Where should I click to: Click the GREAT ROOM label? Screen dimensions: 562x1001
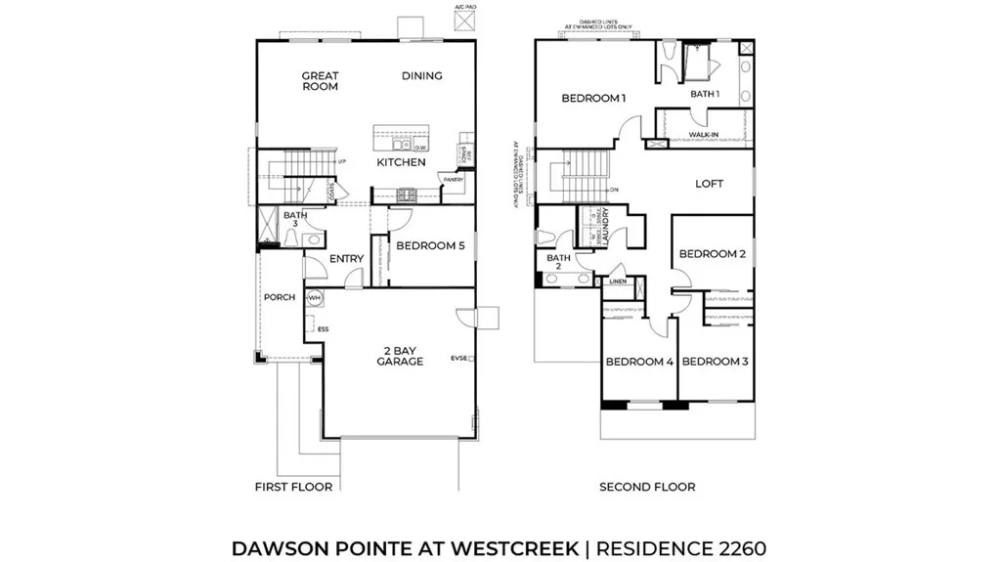(x=320, y=81)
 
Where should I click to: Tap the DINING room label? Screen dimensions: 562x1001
(x=421, y=76)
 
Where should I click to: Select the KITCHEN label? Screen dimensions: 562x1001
(x=402, y=162)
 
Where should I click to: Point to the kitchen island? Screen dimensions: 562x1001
(x=402, y=134)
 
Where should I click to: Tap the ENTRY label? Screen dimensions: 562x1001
(x=346, y=259)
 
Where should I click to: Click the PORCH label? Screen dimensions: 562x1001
(x=279, y=298)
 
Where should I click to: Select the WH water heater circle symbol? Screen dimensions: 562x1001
(x=315, y=298)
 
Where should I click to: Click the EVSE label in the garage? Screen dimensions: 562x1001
(x=459, y=358)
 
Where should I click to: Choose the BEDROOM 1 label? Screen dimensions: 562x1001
(x=593, y=98)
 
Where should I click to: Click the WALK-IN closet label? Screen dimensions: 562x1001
(x=705, y=134)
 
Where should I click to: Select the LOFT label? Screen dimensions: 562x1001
(x=709, y=184)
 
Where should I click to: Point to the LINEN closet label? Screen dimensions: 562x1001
(x=617, y=281)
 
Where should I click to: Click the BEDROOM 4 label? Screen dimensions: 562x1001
(x=639, y=362)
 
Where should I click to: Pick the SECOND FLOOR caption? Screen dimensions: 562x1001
(x=647, y=487)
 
